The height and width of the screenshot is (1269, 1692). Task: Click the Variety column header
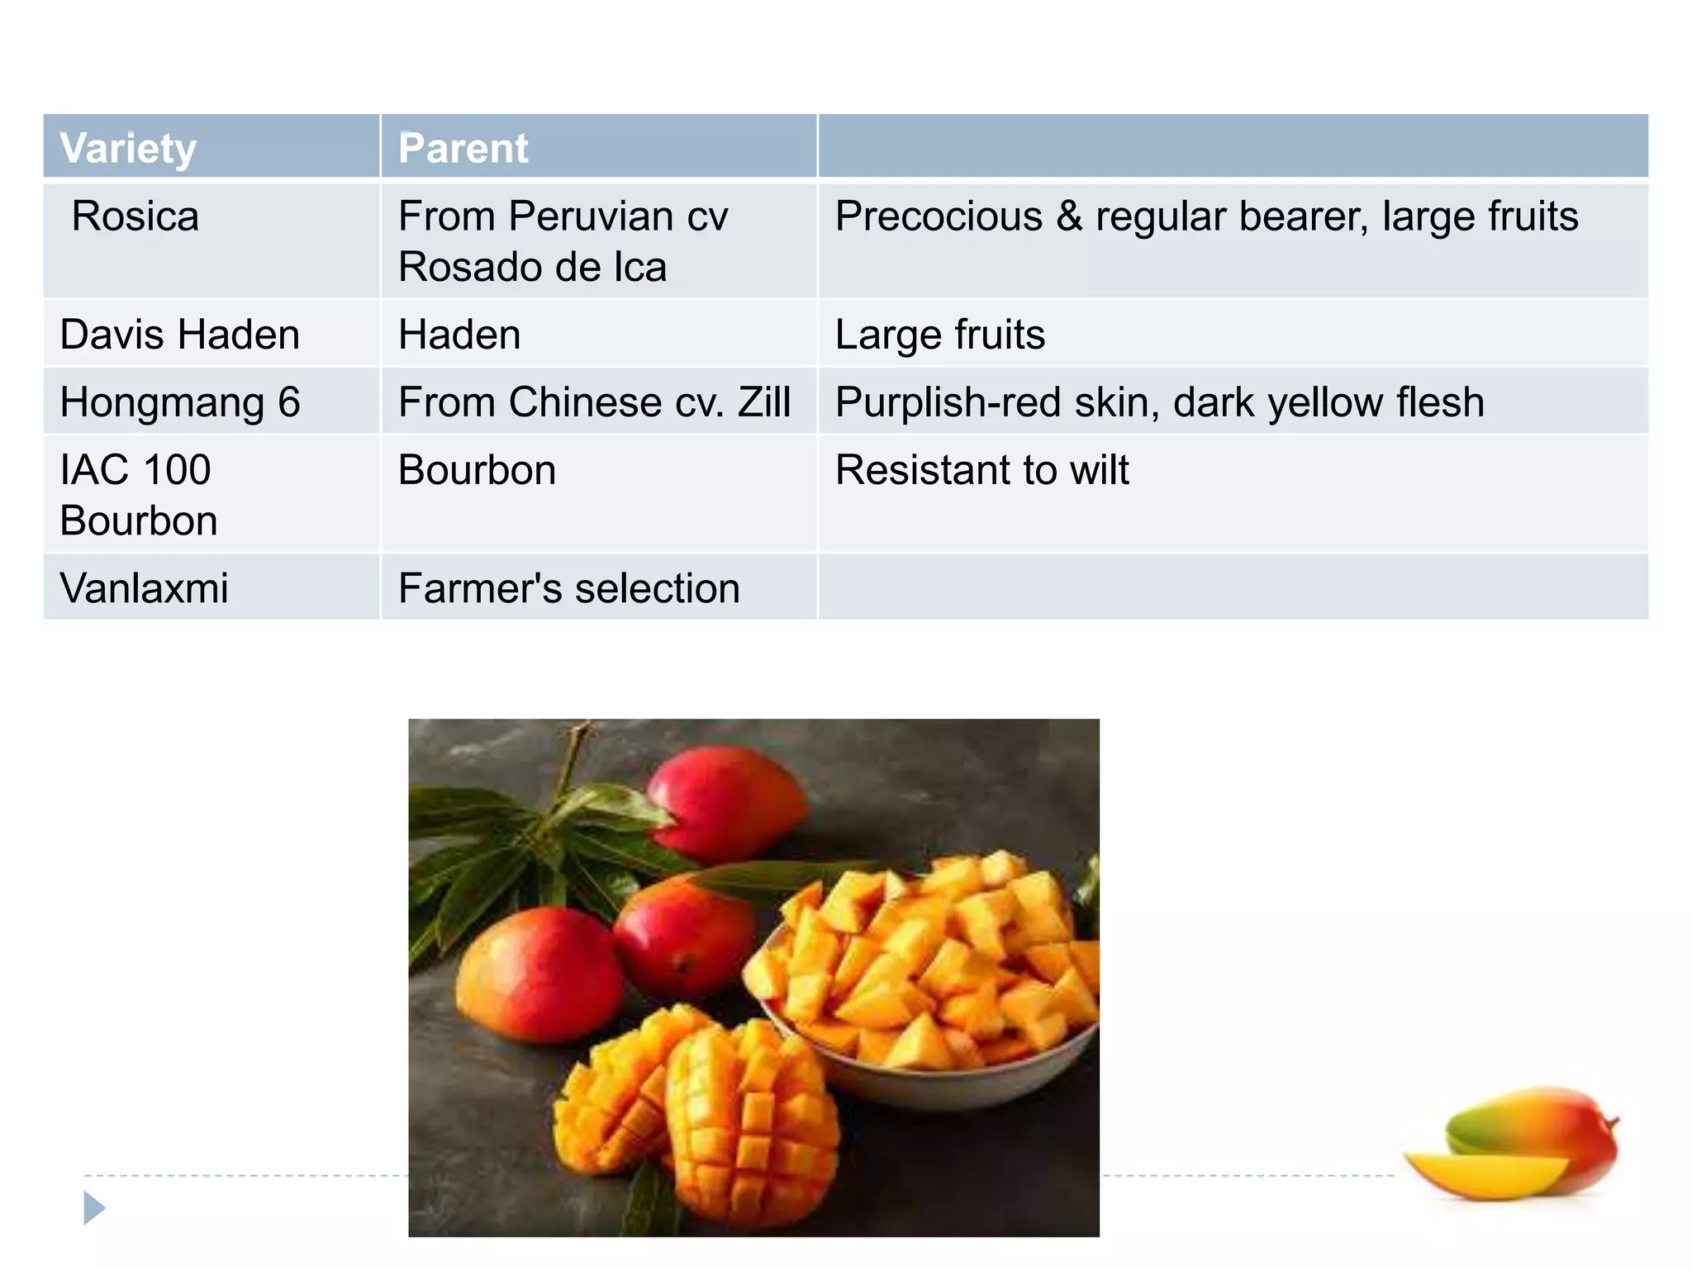tap(128, 149)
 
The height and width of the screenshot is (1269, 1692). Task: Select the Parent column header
tap(463, 149)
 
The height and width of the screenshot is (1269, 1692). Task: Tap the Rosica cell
tap(135, 217)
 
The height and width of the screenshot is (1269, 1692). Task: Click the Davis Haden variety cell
tap(180, 335)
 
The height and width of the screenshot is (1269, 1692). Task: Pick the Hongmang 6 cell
tap(180, 403)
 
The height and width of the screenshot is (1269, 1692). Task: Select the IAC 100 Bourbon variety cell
tap(139, 495)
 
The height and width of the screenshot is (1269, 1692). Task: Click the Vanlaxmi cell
tap(145, 588)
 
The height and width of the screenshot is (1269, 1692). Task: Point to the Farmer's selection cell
tap(568, 588)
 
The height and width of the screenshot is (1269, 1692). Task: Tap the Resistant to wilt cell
tap(981, 471)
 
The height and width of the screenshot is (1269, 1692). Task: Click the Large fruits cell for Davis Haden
tap(940, 335)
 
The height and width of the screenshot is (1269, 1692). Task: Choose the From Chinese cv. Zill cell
tap(594, 403)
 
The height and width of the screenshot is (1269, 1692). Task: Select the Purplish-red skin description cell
tap(1159, 403)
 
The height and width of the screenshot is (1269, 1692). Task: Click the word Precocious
tap(939, 217)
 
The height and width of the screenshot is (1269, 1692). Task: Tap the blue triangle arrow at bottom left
tap(94, 1208)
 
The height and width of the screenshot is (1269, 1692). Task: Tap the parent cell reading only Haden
tap(459, 335)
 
